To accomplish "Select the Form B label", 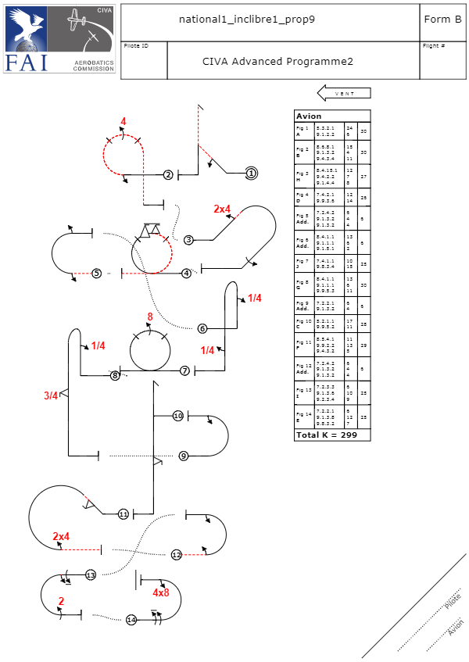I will coord(442,19).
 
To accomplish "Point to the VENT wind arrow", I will coord(344,93).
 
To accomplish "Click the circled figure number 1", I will coord(251,172).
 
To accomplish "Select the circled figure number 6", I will coord(202,328).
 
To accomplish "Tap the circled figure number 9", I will coord(184,456).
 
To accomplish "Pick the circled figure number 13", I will coord(91,574).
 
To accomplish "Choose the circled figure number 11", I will coord(124,514).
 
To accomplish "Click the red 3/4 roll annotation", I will coord(51,395).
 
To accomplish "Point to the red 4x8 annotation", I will coord(161,593).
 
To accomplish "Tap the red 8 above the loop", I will coord(150,317).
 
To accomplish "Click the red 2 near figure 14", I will coord(61,600).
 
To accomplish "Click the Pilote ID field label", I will coord(136,46).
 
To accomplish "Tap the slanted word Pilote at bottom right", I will coord(452,601).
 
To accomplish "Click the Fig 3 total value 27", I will coord(363,177).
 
